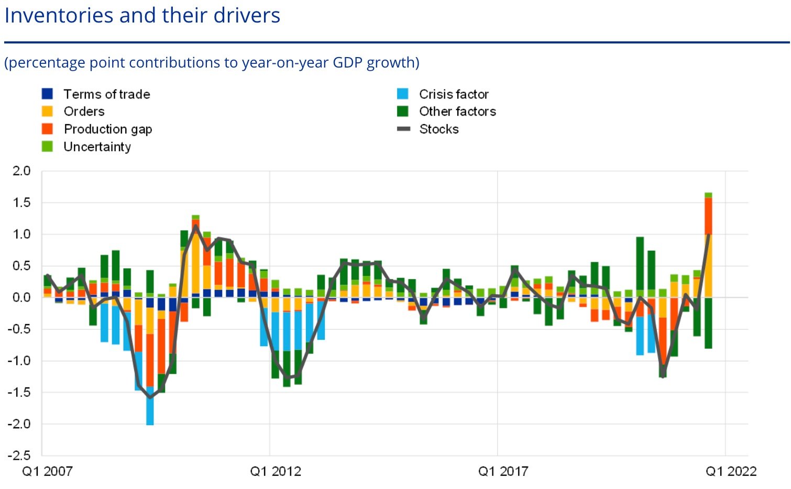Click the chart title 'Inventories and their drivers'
[x=142, y=15]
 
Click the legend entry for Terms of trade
[x=106, y=94]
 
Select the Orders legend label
[x=84, y=112]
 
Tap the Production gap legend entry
[x=107, y=129]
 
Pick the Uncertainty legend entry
[x=97, y=147]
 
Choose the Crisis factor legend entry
[x=453, y=94]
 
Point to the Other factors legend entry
[x=457, y=112]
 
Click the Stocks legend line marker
[x=403, y=129]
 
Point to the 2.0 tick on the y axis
[x=21, y=171]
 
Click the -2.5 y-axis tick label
[x=19, y=455]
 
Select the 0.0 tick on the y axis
[x=21, y=297]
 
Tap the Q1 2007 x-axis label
[x=47, y=472]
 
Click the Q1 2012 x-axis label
[x=276, y=472]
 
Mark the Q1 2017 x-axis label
[x=503, y=472]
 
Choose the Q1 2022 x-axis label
[x=731, y=472]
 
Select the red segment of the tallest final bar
[x=708, y=216]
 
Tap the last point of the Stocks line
[x=708, y=235]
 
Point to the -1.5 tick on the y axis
[x=19, y=392]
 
